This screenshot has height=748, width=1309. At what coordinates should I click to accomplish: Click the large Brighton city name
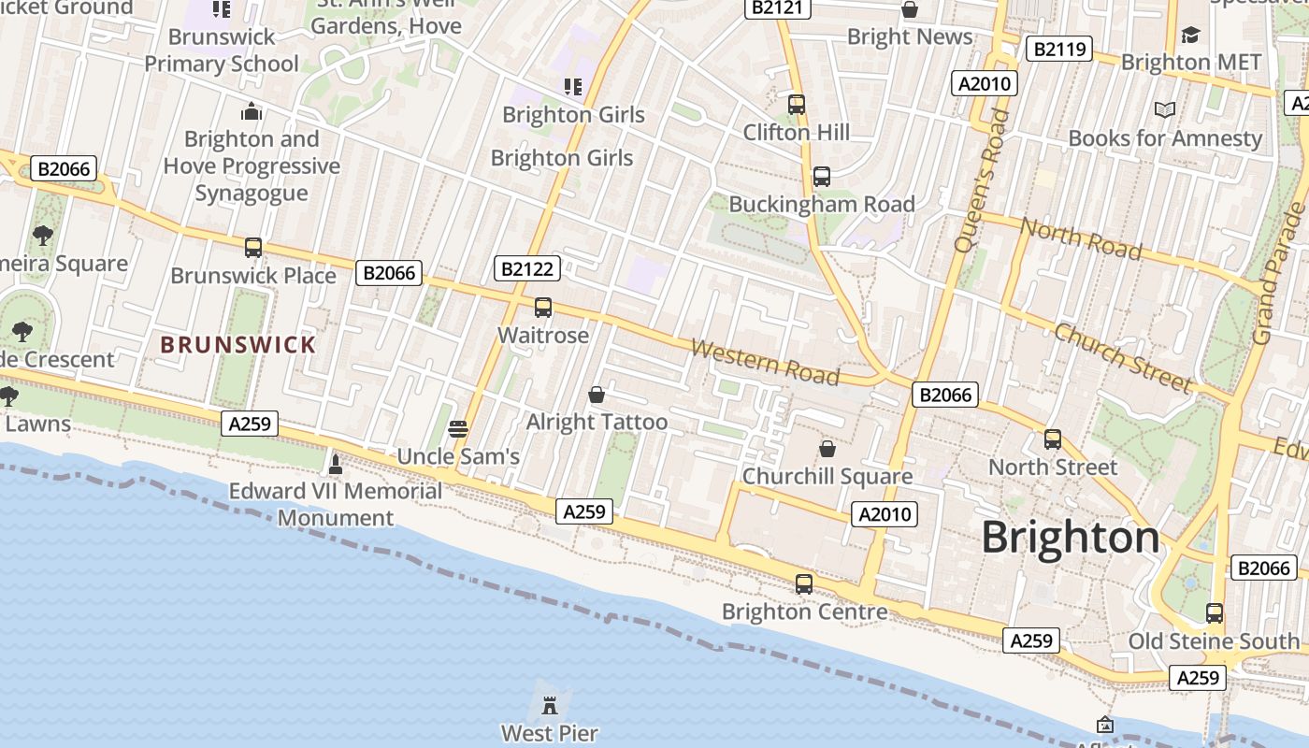[1071, 538]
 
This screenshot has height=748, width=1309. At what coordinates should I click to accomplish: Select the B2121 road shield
[778, 7]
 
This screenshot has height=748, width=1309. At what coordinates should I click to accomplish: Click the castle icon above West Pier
[550, 701]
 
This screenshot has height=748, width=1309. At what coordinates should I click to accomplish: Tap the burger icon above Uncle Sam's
[458, 429]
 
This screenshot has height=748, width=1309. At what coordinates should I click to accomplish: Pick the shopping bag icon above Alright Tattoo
[597, 396]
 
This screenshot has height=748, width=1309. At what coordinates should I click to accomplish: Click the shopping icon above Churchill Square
[827, 450]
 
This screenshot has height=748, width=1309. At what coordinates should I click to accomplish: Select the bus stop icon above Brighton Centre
[804, 584]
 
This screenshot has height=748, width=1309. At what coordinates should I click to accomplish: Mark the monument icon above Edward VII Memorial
[336, 464]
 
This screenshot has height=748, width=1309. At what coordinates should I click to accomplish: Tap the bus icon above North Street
[1053, 439]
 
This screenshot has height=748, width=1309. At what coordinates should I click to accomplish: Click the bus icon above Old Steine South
[1214, 613]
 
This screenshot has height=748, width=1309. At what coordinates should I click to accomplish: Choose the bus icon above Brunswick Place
[253, 248]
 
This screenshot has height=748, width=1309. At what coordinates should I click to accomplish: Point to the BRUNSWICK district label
[238, 345]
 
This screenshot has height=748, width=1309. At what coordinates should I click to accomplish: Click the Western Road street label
[765, 362]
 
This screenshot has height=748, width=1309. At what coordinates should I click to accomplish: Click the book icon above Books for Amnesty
[1164, 110]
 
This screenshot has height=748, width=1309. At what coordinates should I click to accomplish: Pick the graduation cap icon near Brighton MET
[1189, 36]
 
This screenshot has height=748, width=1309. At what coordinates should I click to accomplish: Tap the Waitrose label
[543, 335]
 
